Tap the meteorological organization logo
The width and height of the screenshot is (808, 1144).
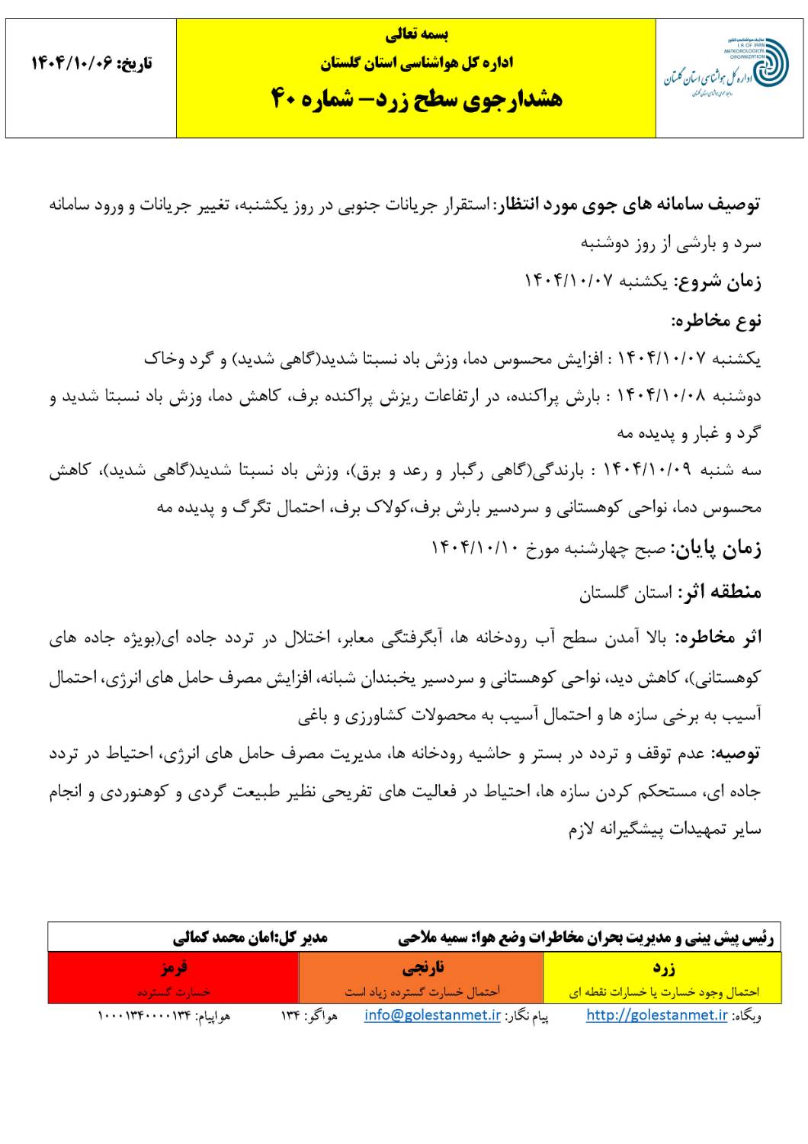(729, 69)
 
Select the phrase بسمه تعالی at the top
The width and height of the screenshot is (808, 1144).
(416, 34)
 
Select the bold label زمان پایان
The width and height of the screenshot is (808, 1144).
(715, 548)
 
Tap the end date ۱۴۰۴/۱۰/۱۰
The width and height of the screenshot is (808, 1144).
(479, 548)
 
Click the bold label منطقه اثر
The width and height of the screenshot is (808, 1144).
(719, 593)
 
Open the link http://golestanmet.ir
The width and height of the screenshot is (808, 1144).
(656, 1015)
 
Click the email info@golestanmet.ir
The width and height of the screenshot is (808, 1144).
(432, 1015)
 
